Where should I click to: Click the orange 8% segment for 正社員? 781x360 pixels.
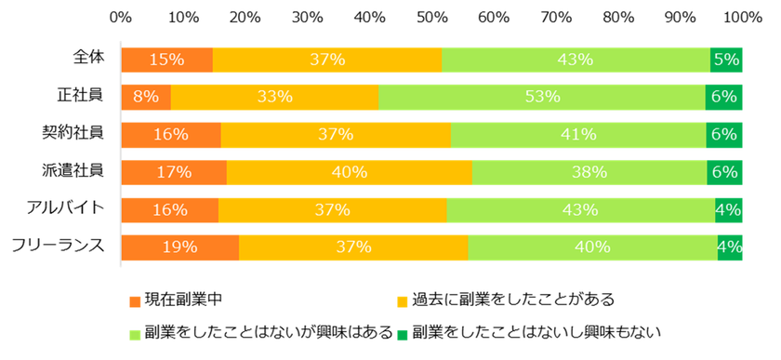146,97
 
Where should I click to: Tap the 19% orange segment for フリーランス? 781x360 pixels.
179,247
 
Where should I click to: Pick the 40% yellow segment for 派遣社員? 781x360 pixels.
349,171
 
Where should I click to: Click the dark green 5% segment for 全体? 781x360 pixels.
725,60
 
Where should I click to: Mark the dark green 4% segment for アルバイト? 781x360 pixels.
728,209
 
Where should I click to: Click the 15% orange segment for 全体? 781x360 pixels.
166,60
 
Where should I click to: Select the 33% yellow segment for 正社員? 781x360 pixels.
274,97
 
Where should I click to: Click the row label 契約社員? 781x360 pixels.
80,132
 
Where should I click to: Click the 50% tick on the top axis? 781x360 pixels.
430,17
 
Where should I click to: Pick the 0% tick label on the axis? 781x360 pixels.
120,17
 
